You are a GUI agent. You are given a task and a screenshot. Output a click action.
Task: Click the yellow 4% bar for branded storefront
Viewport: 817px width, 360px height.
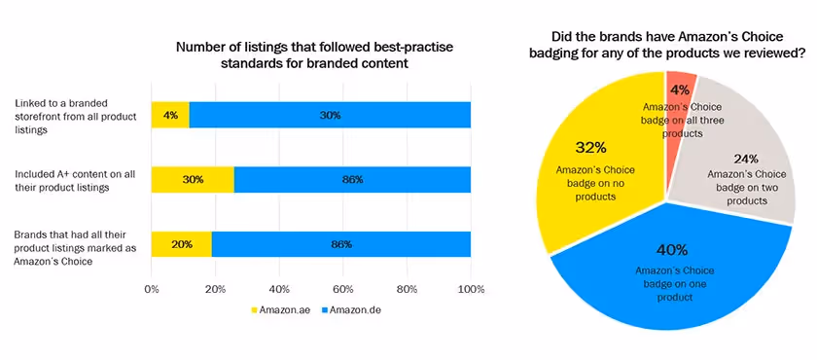point(170,115)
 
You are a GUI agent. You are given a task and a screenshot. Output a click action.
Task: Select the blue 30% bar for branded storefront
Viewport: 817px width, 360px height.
point(330,115)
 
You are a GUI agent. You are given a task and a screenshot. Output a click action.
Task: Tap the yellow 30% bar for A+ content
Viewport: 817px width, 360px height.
point(193,179)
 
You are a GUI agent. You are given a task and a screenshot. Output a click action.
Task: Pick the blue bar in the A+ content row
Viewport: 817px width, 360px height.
point(352,179)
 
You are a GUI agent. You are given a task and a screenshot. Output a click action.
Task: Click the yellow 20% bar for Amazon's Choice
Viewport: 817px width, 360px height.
point(181,244)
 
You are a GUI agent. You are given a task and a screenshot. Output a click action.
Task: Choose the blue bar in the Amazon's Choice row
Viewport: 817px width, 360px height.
point(341,244)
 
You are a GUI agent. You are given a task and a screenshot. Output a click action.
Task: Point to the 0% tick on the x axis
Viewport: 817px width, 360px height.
point(152,289)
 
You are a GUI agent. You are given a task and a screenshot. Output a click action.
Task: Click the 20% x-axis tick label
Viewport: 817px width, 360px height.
point(215,289)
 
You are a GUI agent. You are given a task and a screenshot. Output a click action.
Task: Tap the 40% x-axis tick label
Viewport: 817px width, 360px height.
point(279,289)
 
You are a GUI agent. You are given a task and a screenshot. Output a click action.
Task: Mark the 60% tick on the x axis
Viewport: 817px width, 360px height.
point(343,289)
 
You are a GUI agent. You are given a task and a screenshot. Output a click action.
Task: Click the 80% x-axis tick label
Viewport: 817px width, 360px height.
point(408,289)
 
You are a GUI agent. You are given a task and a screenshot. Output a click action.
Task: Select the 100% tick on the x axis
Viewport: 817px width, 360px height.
point(471,289)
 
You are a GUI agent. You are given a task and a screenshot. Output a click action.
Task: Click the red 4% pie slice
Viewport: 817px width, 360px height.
point(680,92)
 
